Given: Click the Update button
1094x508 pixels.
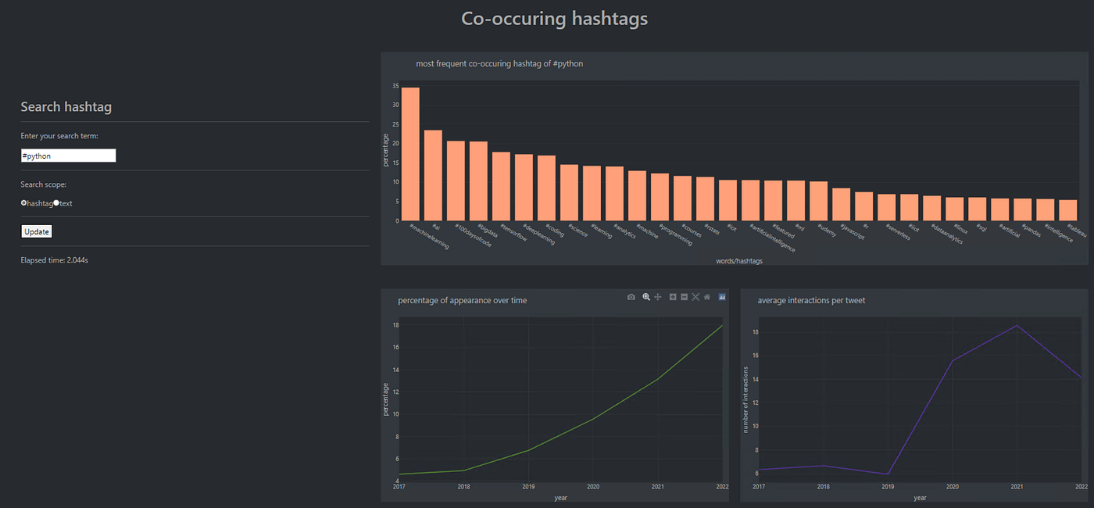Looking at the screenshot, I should [x=36, y=231].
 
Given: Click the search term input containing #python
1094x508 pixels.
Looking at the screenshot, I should [x=69, y=156].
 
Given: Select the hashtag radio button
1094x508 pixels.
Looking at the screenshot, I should [x=24, y=203].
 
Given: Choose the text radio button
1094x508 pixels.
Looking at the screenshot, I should [x=56, y=203].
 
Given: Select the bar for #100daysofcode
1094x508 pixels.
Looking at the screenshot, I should [x=456, y=181].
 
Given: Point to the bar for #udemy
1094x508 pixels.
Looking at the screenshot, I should [x=819, y=201].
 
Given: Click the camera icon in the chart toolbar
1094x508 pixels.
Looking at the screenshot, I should [x=631, y=297].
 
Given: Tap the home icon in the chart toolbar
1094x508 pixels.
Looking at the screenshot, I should [x=707, y=297].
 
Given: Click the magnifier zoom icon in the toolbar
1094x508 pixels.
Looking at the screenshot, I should [x=646, y=297].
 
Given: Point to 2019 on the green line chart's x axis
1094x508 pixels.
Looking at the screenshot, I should [x=528, y=487].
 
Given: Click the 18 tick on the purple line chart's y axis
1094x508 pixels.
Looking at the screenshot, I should [x=753, y=332].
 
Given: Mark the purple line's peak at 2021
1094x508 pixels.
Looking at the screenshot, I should [x=1017, y=325].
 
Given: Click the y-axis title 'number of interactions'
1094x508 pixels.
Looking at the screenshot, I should [x=746, y=399].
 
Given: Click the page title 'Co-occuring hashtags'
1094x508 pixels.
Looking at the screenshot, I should [x=554, y=19].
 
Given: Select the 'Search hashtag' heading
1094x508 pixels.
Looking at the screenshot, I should [x=66, y=107].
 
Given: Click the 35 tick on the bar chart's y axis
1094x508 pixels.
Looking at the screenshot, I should [x=395, y=86].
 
